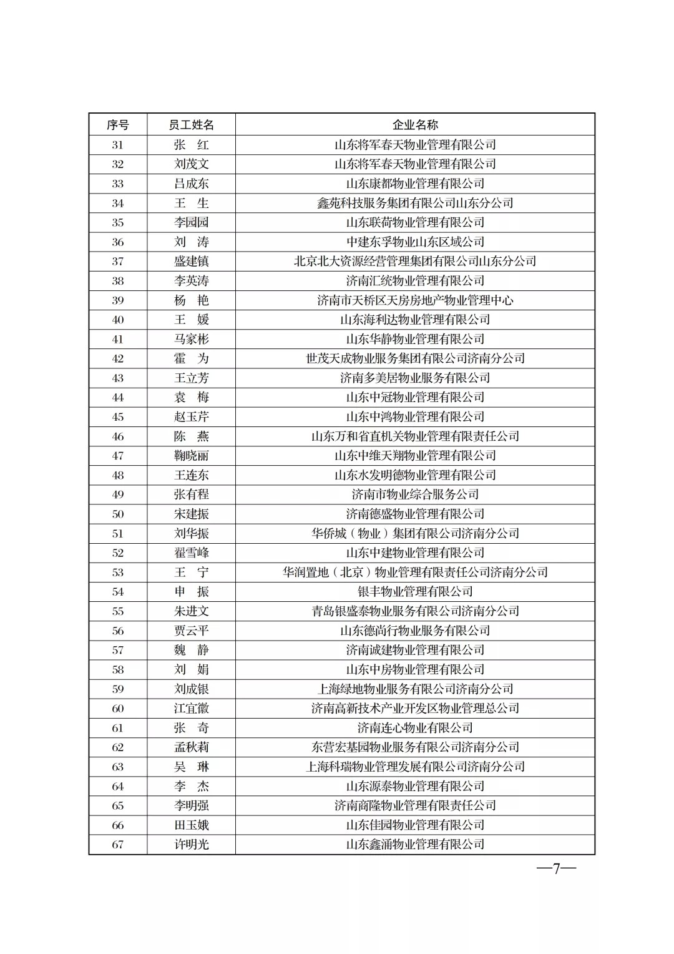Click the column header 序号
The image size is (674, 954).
click(x=117, y=125)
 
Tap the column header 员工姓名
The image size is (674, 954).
click(x=191, y=125)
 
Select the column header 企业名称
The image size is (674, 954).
click(x=415, y=125)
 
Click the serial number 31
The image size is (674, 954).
click(x=117, y=145)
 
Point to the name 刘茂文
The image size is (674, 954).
click(x=191, y=164)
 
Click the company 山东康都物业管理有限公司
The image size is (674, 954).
click(x=415, y=184)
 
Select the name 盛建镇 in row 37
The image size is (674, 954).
click(x=191, y=261)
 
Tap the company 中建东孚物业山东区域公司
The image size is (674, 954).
click(x=415, y=242)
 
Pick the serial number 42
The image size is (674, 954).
click(x=117, y=358)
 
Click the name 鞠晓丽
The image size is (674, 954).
click(x=191, y=456)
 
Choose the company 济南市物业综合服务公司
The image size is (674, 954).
click(x=415, y=494)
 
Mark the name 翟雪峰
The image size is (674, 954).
click(x=191, y=553)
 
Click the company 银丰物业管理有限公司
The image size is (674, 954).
click(x=415, y=591)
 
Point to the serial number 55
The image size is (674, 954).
click(x=117, y=611)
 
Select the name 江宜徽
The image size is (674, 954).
click(x=191, y=708)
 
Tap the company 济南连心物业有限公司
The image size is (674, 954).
click(x=415, y=727)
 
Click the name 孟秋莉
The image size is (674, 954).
click(x=191, y=747)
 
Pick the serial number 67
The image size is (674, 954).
click(x=117, y=844)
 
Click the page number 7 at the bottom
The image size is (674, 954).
click(x=556, y=868)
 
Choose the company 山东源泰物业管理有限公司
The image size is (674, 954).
click(x=415, y=786)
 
